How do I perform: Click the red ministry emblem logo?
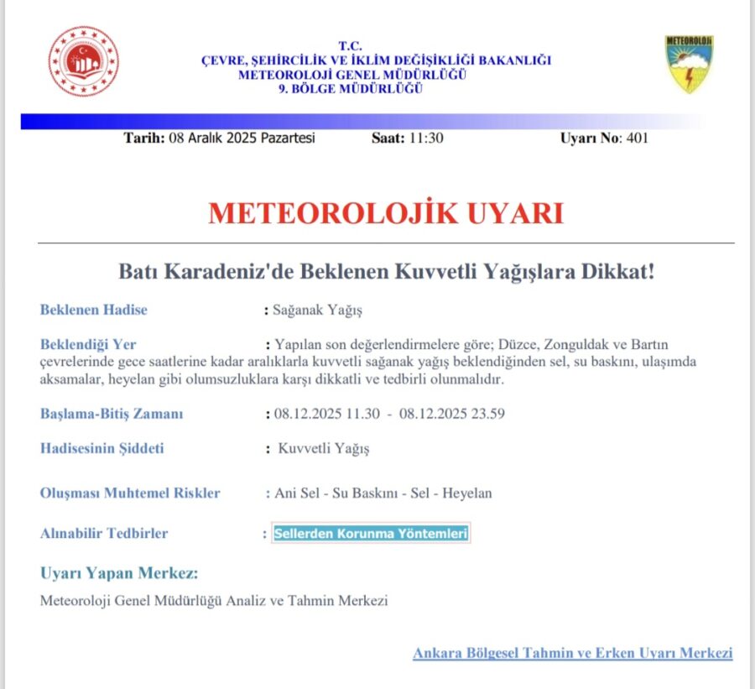[83, 61]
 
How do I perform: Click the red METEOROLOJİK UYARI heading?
[386, 213]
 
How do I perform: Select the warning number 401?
[637, 138]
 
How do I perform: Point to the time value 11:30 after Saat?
[426, 138]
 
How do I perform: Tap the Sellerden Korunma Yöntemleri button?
[371, 534]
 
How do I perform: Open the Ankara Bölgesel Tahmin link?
[572, 653]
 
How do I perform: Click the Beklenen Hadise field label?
[94, 310]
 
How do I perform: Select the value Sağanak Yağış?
[317, 310]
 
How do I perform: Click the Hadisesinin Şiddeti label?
[102, 448]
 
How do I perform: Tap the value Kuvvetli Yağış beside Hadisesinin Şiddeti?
[324, 448]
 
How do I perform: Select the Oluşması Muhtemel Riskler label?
[130, 493]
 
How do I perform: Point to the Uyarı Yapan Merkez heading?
[119, 574]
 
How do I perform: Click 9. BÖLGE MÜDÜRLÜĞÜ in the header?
[350, 90]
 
